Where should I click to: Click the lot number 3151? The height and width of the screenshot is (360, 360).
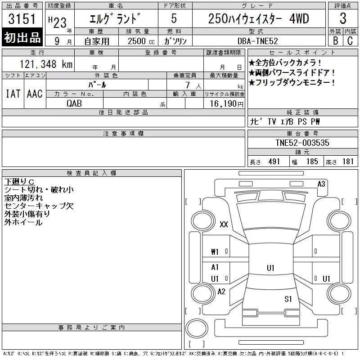[x=22, y=19]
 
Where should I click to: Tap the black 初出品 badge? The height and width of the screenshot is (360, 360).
[x=22, y=37]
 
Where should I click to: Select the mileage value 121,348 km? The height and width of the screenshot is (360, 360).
[x=46, y=64]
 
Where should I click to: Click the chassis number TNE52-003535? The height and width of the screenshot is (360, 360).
[x=302, y=143]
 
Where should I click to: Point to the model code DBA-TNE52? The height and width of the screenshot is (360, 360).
[x=257, y=41]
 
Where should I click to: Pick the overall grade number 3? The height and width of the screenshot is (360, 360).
[x=343, y=18]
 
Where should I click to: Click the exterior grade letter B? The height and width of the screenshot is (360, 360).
[x=335, y=40]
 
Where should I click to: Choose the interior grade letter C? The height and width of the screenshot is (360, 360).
[x=350, y=40]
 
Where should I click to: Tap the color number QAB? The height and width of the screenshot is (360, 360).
[x=74, y=103]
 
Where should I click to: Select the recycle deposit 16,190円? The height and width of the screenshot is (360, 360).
[x=227, y=104]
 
